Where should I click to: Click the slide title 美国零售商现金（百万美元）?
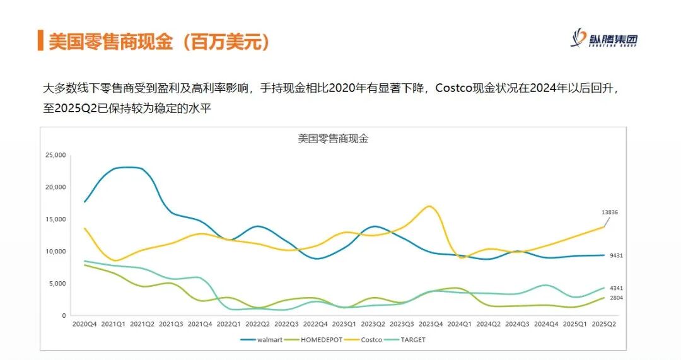161,42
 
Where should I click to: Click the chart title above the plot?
333,139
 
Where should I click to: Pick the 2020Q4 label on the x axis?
84,324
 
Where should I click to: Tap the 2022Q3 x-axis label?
286,324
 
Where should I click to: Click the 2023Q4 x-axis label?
431,324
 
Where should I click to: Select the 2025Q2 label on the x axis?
604,324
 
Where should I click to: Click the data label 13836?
609,212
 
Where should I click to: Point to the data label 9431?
617,255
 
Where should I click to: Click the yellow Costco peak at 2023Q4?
429,206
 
